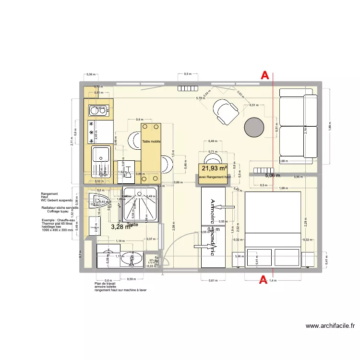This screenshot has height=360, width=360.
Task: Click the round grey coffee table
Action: (254, 128)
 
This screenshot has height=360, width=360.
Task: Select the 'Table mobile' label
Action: (151, 142)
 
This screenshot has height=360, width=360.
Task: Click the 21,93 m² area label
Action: (214, 168)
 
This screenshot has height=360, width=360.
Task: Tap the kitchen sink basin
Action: (101, 154)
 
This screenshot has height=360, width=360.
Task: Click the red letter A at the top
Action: (264, 75)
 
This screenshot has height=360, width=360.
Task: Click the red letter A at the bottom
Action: (263, 280)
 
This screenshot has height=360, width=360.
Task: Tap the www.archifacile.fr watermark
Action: (330, 326)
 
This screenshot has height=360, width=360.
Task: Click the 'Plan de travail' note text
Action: (105, 283)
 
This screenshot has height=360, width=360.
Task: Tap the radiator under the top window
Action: (188, 88)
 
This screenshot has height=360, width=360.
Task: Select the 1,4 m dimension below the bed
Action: (272, 280)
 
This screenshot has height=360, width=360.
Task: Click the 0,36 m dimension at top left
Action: (90, 74)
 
